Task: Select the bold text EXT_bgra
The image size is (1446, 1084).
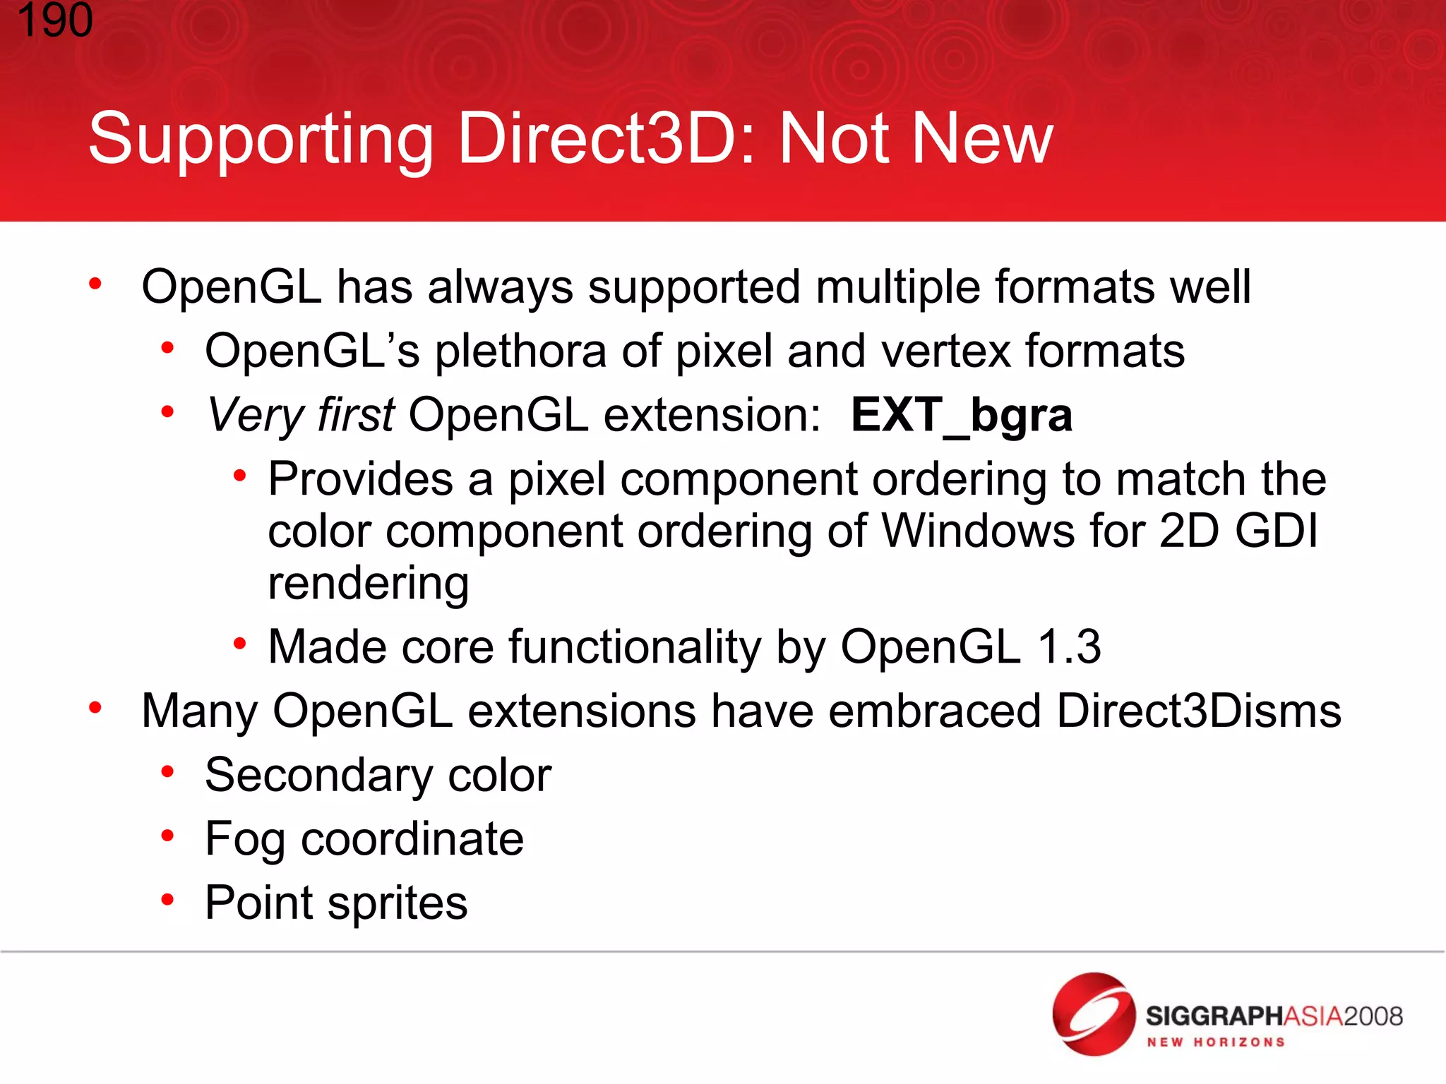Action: pos(961,415)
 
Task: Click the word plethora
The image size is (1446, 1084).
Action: pos(520,351)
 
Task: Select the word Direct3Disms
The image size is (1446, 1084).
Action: pos(1199,711)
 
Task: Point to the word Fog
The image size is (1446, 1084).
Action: pos(245,840)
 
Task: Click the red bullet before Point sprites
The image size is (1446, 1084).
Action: pos(167,900)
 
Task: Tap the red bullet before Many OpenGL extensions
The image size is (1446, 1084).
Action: pos(95,707)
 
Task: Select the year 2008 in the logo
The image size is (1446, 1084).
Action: pos(1373,1016)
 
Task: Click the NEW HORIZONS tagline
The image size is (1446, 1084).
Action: pos(1215,1042)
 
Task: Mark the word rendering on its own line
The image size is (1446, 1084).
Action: pos(369,584)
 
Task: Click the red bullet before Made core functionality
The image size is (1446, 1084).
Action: pos(240,644)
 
